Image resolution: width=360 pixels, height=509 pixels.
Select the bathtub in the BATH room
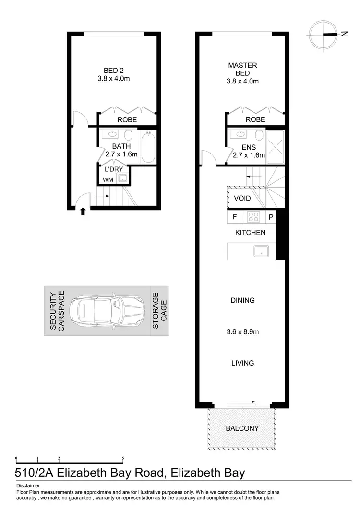click(x=148, y=147)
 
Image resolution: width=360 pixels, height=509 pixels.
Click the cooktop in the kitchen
click(x=253, y=217)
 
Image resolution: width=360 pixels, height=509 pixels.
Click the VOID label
click(x=242, y=198)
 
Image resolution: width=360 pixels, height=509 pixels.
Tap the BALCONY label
click(x=242, y=428)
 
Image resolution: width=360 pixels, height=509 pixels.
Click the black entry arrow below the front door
click(x=84, y=211)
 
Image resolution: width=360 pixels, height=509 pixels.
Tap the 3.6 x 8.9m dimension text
click(x=242, y=331)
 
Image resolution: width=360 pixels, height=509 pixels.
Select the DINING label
click(x=242, y=300)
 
